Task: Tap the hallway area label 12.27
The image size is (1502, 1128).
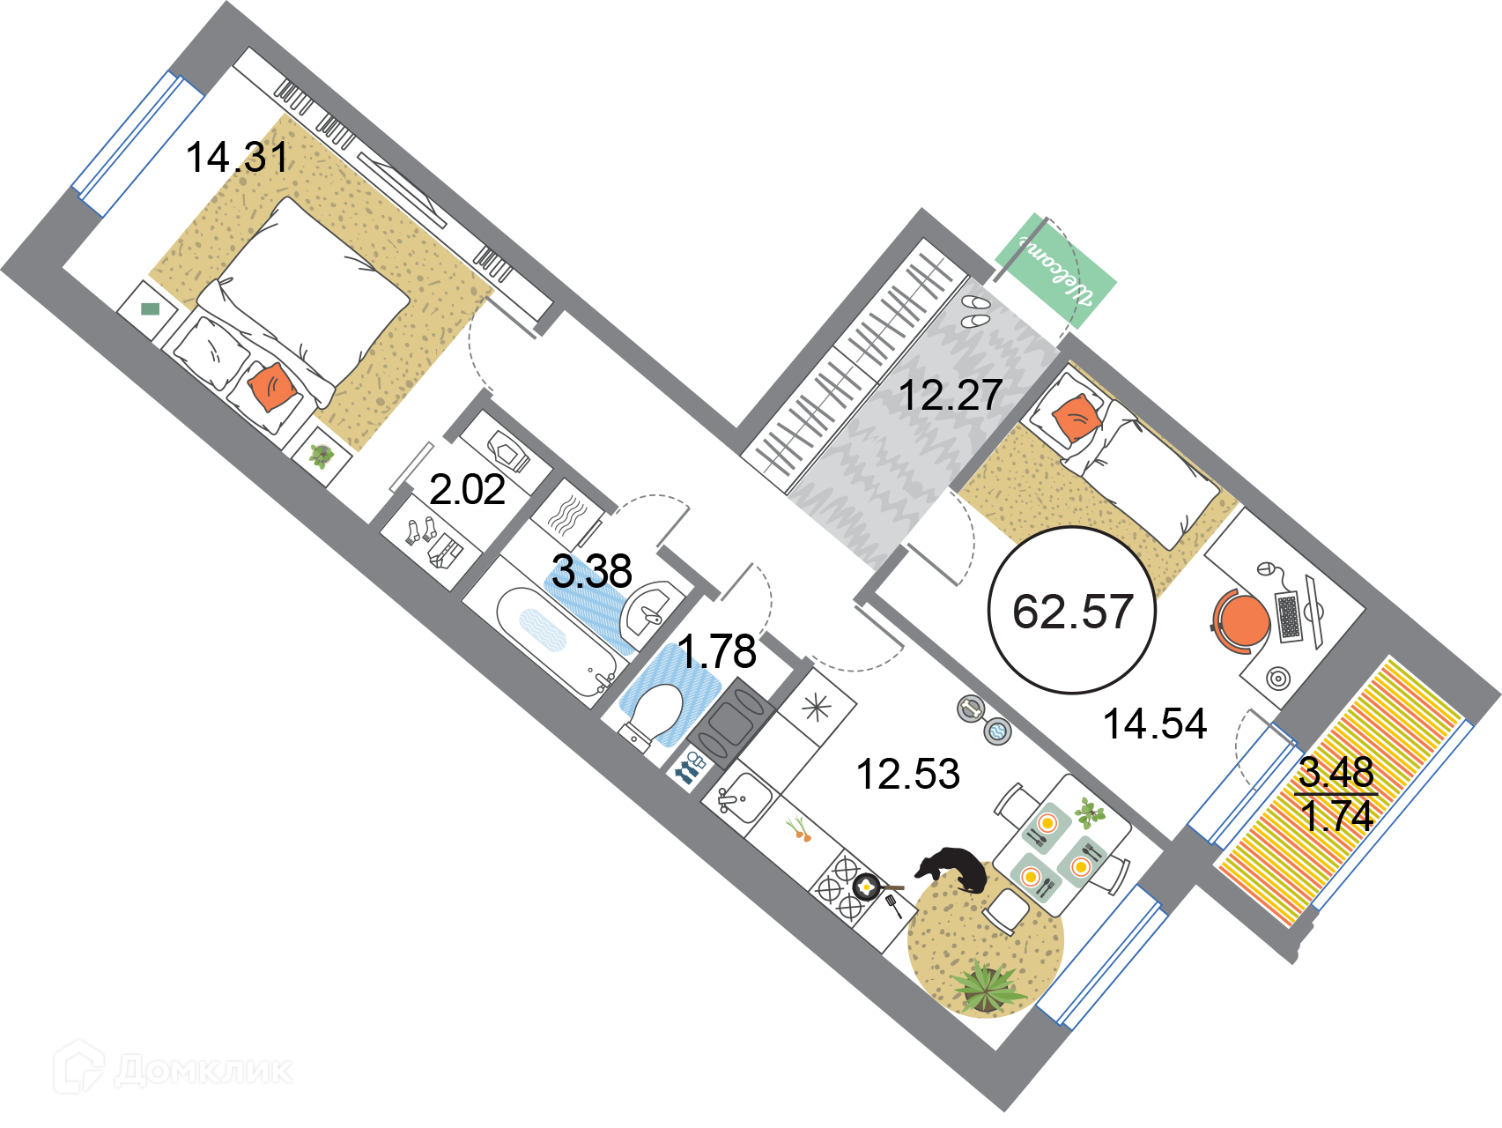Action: [951, 395]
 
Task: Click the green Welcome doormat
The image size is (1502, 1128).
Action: [1055, 271]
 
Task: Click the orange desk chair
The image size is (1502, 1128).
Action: [1240, 620]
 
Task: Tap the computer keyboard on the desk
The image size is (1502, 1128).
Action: [1289, 617]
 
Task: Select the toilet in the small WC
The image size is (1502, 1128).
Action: [652, 713]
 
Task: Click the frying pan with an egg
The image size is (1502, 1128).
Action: [867, 885]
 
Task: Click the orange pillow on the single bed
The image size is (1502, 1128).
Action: [1076, 419]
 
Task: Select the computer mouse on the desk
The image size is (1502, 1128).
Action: [1266, 568]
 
